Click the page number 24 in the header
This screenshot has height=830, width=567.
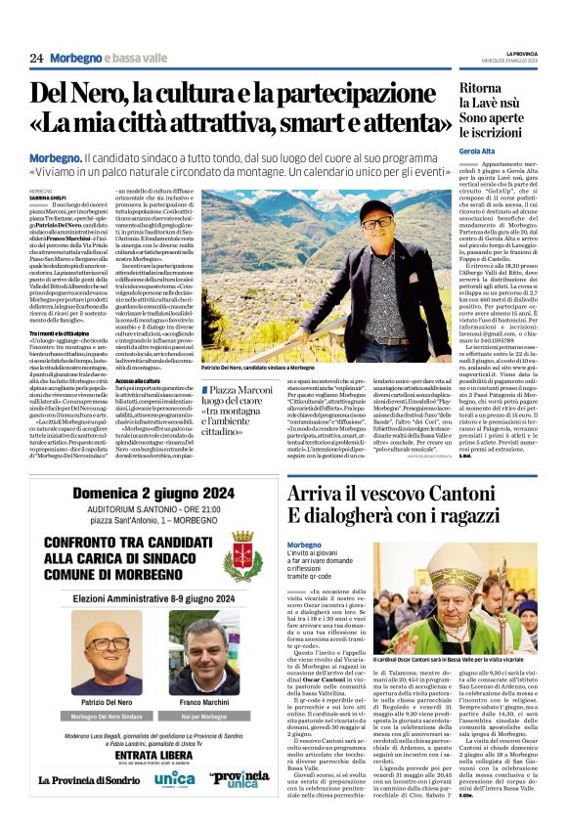pos(36,58)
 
